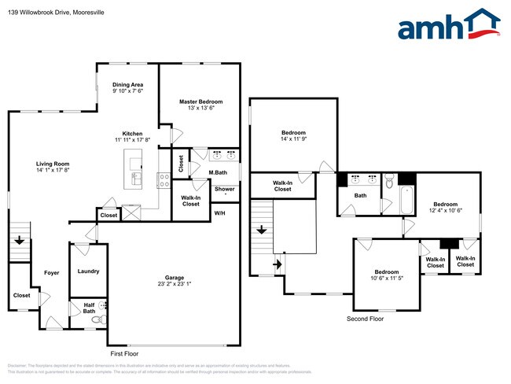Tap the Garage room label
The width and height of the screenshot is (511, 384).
[175, 278]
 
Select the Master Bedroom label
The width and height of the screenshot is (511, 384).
[200, 102]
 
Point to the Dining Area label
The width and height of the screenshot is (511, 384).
[127, 84]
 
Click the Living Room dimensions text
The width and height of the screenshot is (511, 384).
[53, 170]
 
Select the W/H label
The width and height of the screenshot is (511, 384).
[219, 212]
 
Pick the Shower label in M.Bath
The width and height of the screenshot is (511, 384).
[225, 189]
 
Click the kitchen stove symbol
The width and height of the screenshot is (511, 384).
[164, 179]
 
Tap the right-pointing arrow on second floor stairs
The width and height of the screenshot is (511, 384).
[277, 264]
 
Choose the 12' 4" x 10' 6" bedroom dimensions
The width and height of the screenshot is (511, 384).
[445, 210]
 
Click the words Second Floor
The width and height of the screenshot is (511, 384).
[366, 319]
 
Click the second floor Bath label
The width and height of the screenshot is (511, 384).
[360, 195]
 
